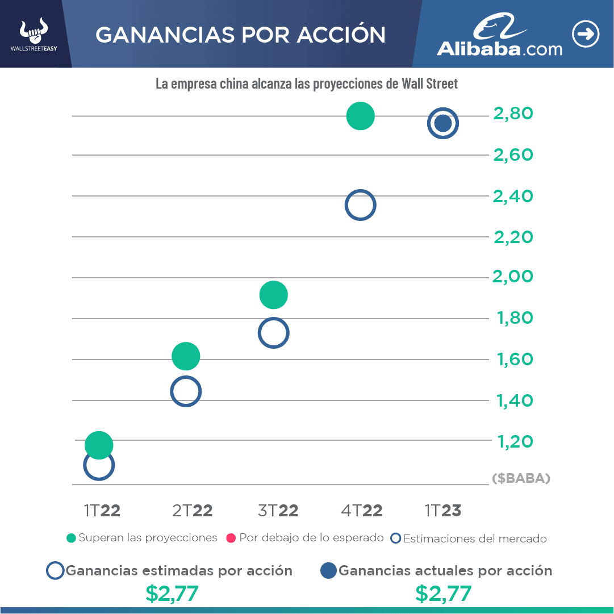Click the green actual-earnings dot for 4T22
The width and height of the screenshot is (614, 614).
tap(360, 116)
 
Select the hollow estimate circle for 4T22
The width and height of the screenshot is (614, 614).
tap(360, 205)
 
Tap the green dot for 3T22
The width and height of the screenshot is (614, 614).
tap(274, 295)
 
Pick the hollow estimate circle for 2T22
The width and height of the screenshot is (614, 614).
tap(186, 391)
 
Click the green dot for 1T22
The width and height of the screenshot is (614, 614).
tap(99, 445)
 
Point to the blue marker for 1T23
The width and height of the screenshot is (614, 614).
tap(443, 123)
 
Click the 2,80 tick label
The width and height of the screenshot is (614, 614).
tap(513, 114)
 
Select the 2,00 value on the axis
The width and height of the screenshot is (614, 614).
tap(513, 277)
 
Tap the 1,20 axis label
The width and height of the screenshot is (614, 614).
tap(515, 441)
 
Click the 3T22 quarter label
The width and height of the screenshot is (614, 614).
tap(278, 511)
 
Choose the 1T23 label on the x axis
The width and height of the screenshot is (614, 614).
tap(443, 511)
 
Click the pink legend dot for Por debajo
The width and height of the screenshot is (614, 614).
tap(231, 538)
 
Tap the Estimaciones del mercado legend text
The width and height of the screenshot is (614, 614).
tap(474, 538)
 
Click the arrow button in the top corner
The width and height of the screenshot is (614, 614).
tap(586, 35)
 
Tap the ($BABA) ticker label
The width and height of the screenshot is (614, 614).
tap(521, 479)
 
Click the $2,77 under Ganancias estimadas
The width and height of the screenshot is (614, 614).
tap(172, 594)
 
